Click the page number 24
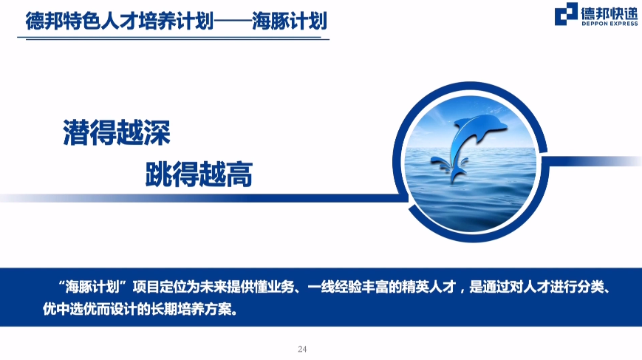pos(302,349)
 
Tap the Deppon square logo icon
pos(566,14)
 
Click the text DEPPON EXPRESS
pos(609,24)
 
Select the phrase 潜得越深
pos(117,133)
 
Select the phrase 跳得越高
pos(199,174)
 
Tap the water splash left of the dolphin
pos(440,163)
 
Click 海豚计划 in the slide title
pos(290,21)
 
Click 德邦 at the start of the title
pos(44,21)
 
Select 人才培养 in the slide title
pos(139,21)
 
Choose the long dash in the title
pos(233,21)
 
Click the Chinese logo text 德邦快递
pos(609,13)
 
